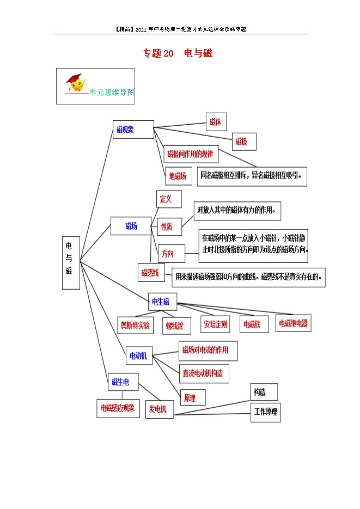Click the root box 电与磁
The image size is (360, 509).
[x=71, y=262]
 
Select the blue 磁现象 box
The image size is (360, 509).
[x=133, y=129]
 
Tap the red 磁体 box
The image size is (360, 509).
[x=216, y=122]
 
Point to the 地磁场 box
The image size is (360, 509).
[x=178, y=176]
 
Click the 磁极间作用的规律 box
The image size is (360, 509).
[x=191, y=154]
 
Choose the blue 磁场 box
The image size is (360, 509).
[x=131, y=225]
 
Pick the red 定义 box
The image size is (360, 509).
[x=169, y=199]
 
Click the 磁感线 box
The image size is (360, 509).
[x=151, y=272]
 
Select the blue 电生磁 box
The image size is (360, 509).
[x=162, y=301]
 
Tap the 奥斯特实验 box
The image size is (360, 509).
[x=136, y=325]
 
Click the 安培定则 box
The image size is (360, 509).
[x=215, y=324]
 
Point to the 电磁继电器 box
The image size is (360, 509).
[x=293, y=323]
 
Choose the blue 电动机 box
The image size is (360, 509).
[x=139, y=355]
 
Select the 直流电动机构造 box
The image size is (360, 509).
[x=204, y=373]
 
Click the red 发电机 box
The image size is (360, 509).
[x=160, y=409]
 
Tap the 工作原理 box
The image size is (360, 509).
[x=266, y=412]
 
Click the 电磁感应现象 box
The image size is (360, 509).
[x=118, y=408]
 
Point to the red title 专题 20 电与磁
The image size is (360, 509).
[x=178, y=53]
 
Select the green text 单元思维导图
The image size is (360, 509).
[x=112, y=93]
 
